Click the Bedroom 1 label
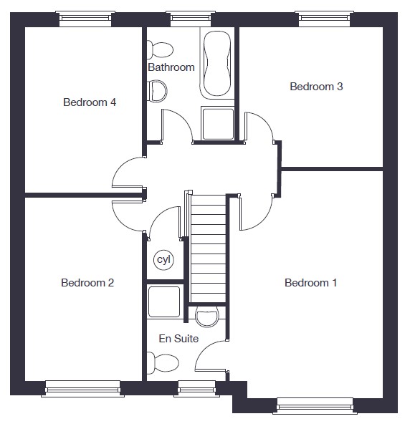(x=310, y=283)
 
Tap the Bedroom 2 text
(x=87, y=283)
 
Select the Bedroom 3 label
(x=316, y=87)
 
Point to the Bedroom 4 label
(x=90, y=102)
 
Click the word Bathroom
(x=171, y=67)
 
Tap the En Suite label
(x=178, y=339)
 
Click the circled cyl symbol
(x=163, y=260)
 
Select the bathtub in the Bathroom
(x=217, y=64)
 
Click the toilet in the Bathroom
(x=160, y=50)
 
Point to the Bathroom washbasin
(x=157, y=91)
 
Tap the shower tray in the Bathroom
(x=218, y=123)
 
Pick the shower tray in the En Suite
(x=165, y=301)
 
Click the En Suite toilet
(x=163, y=363)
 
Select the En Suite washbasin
(x=207, y=317)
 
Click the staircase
(x=208, y=249)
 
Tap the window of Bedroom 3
(x=324, y=19)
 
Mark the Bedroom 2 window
(x=82, y=388)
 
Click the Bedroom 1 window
(x=315, y=405)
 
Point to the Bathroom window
(x=191, y=19)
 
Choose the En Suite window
(x=196, y=388)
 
